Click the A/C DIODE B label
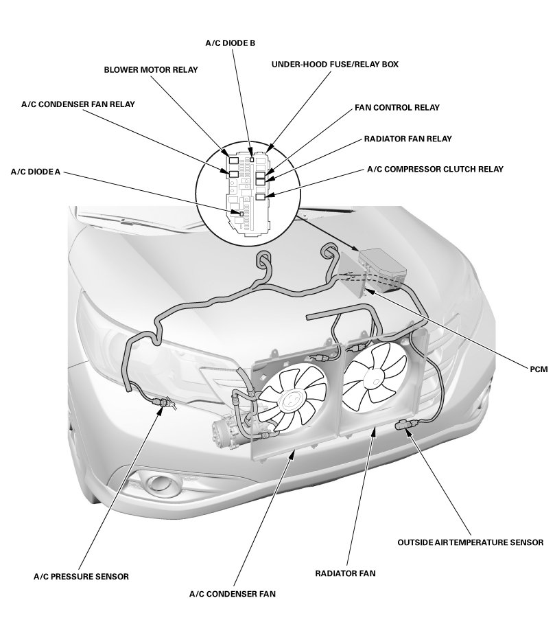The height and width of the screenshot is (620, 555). click(x=231, y=43)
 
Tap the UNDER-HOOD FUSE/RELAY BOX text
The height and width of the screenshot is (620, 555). click(x=335, y=64)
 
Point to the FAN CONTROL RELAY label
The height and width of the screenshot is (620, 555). click(x=397, y=108)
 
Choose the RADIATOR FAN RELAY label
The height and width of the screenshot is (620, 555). click(x=408, y=139)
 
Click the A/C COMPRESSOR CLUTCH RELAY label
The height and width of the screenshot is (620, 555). click(x=435, y=169)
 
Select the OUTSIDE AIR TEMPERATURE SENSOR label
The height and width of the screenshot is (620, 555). click(x=470, y=542)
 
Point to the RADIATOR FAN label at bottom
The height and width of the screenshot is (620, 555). click(x=346, y=572)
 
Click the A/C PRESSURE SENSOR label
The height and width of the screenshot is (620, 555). click(x=81, y=575)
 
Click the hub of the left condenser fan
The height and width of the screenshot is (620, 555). click(x=292, y=400)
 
